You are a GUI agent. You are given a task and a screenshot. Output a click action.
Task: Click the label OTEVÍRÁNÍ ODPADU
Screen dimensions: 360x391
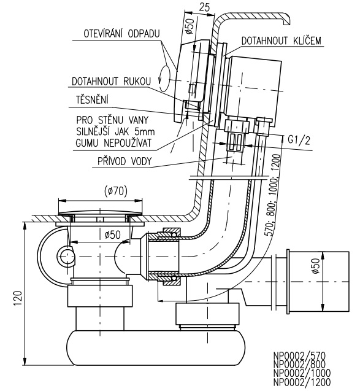click(121, 34)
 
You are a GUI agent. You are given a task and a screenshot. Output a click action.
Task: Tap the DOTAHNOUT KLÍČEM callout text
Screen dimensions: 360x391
click(281, 41)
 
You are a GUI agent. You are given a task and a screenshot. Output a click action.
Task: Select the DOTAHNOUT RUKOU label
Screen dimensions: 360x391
click(111, 81)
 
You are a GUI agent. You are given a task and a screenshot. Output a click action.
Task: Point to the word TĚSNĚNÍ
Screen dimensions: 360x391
click(92, 99)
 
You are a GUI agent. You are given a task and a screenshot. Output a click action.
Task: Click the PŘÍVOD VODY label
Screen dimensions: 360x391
click(124, 161)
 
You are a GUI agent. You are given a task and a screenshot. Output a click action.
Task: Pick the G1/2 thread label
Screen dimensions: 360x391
click(299, 141)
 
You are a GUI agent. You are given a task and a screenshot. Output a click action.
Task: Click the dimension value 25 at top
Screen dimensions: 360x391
click(204, 7)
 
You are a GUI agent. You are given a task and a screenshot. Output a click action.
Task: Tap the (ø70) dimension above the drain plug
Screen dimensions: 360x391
click(116, 192)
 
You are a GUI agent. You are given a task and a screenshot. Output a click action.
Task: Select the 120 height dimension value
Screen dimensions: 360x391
click(18, 298)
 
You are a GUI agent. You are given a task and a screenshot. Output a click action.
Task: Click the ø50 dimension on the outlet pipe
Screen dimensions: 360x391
click(315, 266)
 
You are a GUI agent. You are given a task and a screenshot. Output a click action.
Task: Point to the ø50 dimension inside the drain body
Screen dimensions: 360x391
click(113, 234)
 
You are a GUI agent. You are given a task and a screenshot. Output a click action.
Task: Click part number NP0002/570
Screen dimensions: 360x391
click(299, 356)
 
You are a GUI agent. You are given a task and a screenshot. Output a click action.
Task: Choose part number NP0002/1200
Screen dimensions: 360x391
click(302, 382)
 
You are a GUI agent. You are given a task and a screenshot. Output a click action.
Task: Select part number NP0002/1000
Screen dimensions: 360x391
click(302, 373)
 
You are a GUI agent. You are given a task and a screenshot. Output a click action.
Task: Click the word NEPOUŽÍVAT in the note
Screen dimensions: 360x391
click(128, 143)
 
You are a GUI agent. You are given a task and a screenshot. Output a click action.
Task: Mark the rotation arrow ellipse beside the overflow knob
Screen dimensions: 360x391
click(164, 78)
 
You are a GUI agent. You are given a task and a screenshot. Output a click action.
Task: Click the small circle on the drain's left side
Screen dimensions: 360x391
click(66, 256)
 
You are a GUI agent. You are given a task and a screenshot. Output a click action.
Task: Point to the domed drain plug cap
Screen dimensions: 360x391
click(100, 213)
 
